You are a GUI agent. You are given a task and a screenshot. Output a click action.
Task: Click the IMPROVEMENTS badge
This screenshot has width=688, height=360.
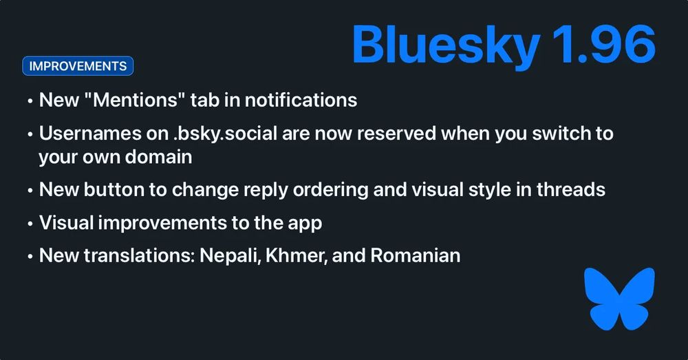pyautogui.click(x=78, y=66)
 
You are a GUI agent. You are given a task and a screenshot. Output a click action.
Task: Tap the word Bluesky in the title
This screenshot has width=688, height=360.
pyautogui.click(x=445, y=45)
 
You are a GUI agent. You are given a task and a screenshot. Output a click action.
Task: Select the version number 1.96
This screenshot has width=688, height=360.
pyautogui.click(x=604, y=43)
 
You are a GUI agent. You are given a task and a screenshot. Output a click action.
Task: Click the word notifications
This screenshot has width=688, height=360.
pyautogui.click(x=301, y=100)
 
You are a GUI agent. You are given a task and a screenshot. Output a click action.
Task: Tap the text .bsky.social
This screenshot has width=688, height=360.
pyautogui.click(x=225, y=134)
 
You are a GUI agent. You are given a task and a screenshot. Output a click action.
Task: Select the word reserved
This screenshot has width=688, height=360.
pyautogui.click(x=397, y=134)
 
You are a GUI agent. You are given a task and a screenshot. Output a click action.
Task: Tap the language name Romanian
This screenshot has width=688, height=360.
pyautogui.click(x=416, y=255)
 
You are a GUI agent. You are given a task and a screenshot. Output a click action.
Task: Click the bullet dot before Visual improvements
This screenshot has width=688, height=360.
pyautogui.click(x=30, y=224)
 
